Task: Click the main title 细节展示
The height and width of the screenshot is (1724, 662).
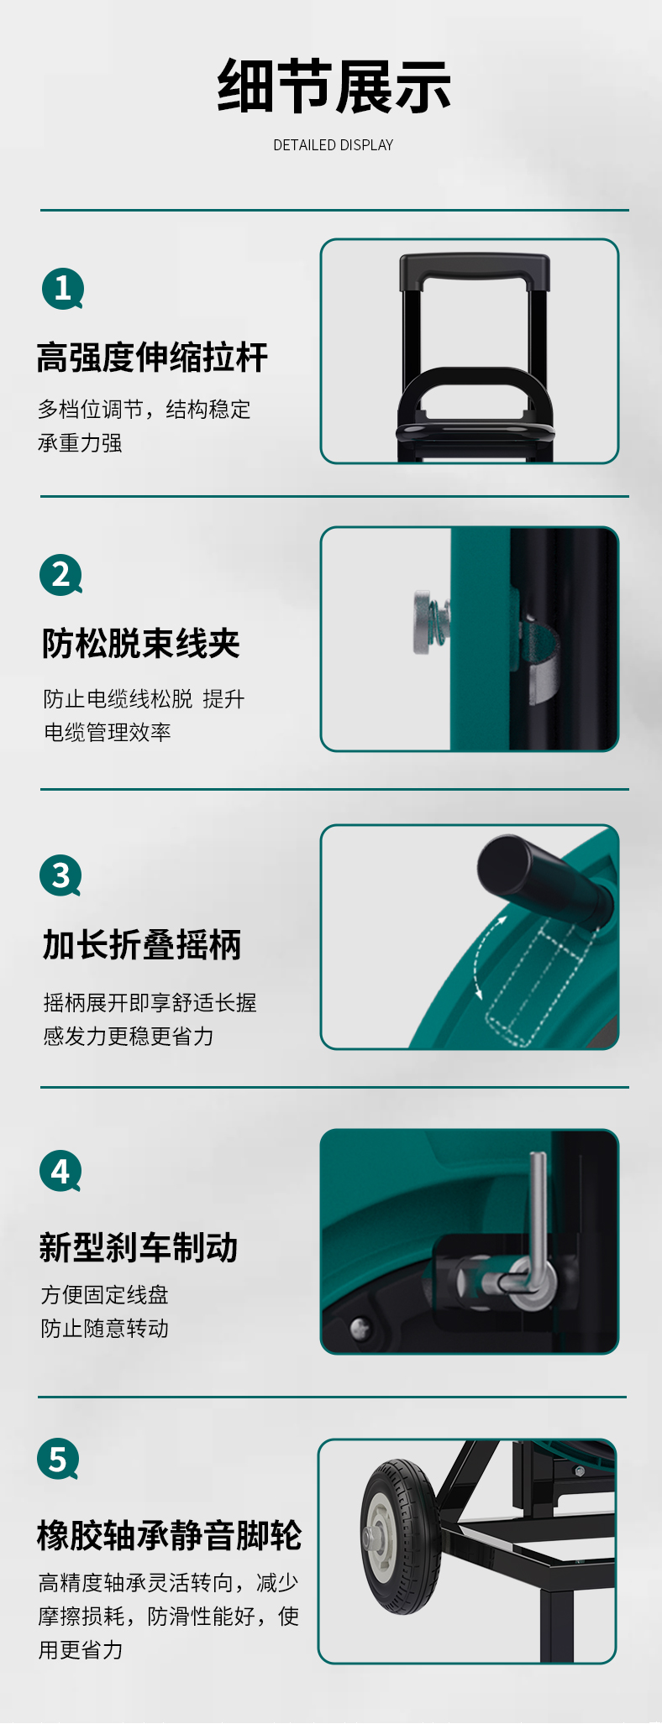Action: point(334,86)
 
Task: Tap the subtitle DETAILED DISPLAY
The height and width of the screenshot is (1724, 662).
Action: point(333,145)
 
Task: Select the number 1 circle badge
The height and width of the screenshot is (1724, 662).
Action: point(63,289)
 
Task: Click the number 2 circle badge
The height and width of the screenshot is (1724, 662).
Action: point(60,575)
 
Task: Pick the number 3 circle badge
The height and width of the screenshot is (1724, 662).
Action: point(60,875)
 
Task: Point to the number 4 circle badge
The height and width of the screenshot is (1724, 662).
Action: point(60,1171)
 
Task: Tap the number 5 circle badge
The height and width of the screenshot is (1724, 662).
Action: point(58,1460)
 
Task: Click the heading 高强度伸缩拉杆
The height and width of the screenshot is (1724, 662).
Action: point(152,358)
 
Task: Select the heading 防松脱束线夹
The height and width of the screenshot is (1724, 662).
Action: point(141,644)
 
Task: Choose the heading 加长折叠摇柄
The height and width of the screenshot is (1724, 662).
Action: point(142,944)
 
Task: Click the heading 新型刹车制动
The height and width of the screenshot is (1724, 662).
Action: point(139,1247)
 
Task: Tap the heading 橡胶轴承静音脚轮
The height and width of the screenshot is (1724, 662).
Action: point(169,1535)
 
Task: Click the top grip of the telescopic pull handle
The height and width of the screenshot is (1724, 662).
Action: point(475,270)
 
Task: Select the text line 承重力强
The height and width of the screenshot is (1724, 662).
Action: point(80,443)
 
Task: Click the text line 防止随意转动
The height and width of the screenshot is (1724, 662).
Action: point(104,1329)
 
